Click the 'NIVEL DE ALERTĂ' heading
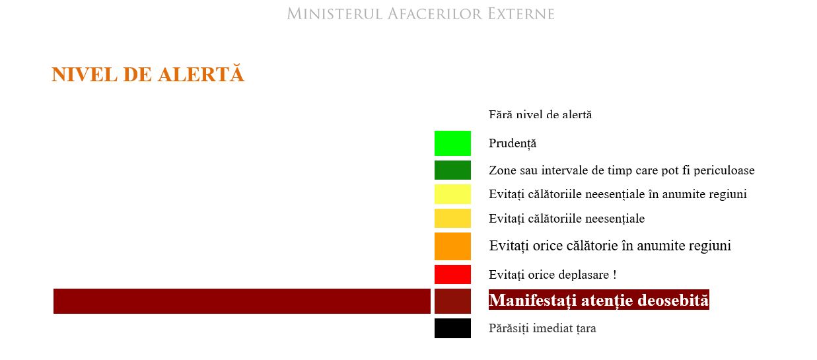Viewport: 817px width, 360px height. [148, 74]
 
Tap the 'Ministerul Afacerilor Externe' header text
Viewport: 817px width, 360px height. [421, 14]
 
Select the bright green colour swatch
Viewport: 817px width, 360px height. [452, 143]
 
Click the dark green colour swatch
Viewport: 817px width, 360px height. [452, 170]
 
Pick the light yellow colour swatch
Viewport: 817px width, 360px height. [452, 194]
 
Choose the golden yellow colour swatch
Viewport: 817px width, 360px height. [452, 218]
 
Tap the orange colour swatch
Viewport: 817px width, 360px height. [452, 246]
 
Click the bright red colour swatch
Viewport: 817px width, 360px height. [452, 274]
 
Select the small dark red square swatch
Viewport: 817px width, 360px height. [452, 301]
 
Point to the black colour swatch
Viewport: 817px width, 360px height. [452, 328]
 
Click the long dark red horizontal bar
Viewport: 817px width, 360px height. [242, 301]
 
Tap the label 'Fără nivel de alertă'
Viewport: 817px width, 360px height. [540, 114]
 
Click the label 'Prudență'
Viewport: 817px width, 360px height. [513, 143]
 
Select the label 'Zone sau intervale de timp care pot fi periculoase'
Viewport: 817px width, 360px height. [622, 170]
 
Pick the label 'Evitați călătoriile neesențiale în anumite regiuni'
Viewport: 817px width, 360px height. [618, 194]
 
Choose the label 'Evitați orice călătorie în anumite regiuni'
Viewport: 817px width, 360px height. [610, 246]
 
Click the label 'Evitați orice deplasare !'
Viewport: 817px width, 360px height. [553, 274]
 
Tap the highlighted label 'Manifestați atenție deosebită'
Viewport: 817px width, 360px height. [599, 300]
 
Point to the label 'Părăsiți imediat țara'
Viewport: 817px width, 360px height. [542, 328]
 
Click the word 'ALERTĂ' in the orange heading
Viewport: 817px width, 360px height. [201, 74]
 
